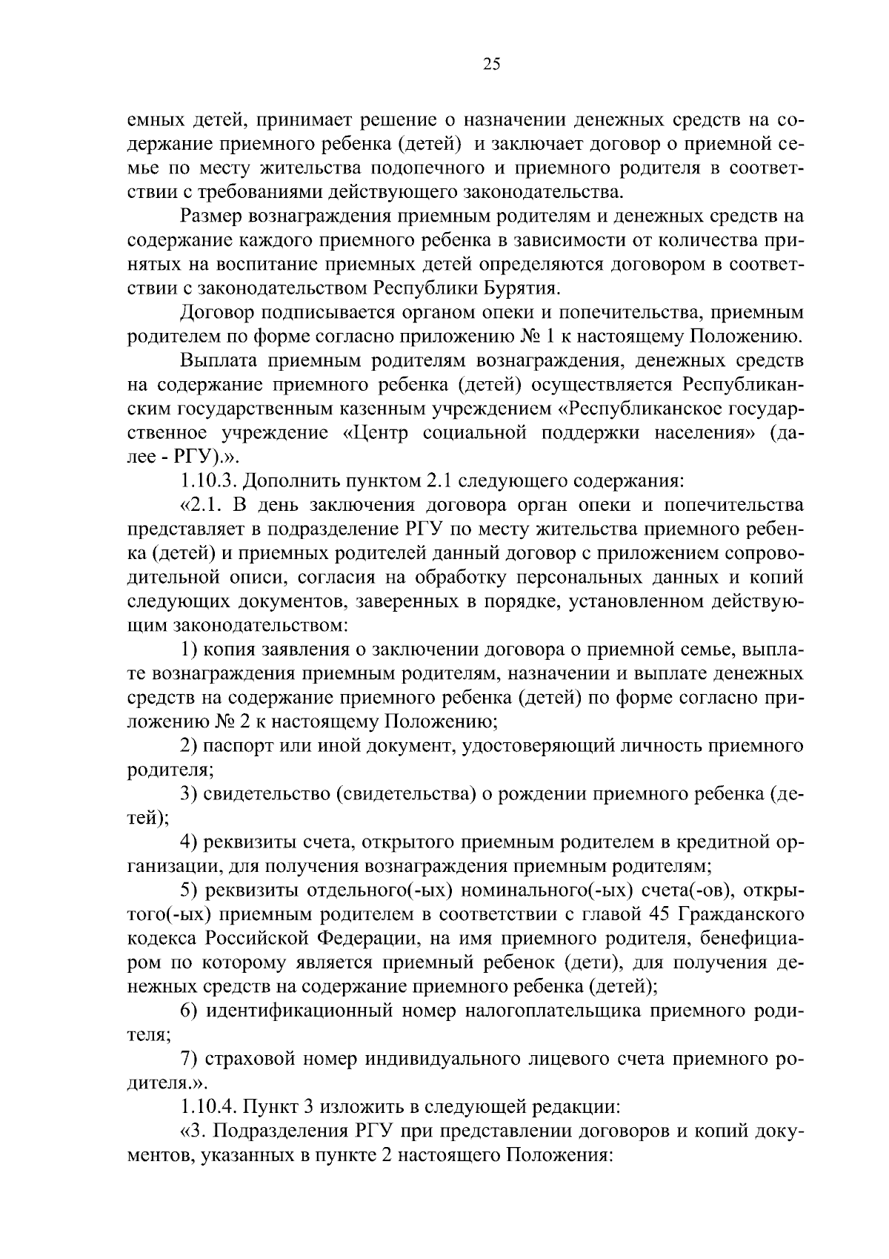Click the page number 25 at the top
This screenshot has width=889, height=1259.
click(492, 64)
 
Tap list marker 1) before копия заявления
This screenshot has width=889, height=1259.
click(189, 650)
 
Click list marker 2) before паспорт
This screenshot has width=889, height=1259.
click(189, 747)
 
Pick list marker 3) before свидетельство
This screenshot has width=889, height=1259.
click(189, 795)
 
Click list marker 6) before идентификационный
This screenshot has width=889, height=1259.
click(189, 1011)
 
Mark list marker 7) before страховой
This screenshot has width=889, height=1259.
click(189, 1060)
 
